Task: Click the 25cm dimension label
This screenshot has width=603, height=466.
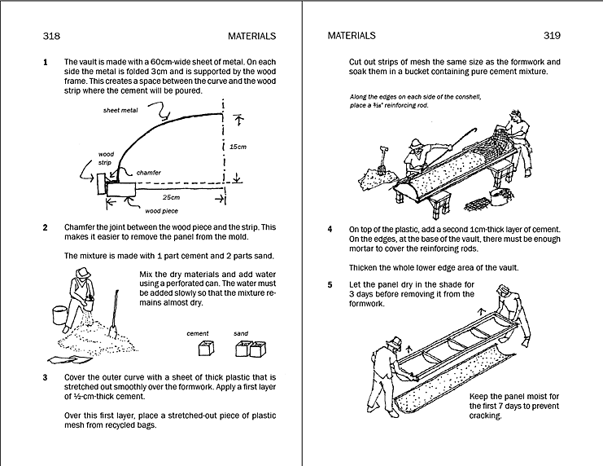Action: coord(171,198)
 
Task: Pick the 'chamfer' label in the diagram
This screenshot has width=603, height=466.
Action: coord(148,173)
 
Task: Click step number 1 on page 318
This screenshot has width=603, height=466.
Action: coord(46,62)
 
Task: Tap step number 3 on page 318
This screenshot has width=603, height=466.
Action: coord(46,377)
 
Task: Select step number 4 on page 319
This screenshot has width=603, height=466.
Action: coord(330,230)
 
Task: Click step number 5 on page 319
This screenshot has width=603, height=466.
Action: coord(330,284)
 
